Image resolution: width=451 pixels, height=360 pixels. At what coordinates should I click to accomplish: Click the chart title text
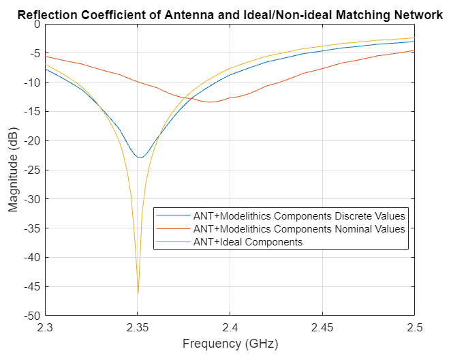tap(230, 14)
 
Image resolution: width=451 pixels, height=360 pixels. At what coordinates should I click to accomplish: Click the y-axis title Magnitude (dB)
tap(14, 170)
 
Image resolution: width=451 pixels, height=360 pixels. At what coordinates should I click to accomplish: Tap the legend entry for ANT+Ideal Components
tap(247, 241)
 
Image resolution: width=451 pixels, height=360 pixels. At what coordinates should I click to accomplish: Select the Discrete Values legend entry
tap(299, 215)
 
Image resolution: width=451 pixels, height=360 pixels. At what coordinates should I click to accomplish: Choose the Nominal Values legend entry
tap(299, 228)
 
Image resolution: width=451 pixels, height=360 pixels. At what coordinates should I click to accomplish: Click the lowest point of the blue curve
tap(140, 157)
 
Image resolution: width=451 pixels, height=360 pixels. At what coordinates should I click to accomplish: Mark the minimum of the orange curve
tap(211, 102)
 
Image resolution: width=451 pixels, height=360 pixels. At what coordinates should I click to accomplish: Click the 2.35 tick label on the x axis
tap(138, 328)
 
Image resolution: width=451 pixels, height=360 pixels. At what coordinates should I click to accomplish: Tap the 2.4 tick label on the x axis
tap(230, 328)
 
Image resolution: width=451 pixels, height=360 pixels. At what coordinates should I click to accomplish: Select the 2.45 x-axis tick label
tap(322, 328)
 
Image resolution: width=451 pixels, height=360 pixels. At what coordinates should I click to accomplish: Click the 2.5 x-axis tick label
tap(414, 328)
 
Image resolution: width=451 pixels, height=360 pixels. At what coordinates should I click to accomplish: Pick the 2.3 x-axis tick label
tap(46, 328)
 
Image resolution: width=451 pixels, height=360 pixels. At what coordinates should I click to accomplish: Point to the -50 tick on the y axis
tap(32, 316)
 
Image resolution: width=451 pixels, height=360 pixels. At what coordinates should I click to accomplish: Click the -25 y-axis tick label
tap(32, 170)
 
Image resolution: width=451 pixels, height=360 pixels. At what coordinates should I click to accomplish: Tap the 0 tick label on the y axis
tap(37, 24)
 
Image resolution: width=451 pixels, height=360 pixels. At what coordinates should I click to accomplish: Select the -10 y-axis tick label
tap(32, 82)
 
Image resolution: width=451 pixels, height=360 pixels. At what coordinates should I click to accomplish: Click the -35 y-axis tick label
tap(32, 228)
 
